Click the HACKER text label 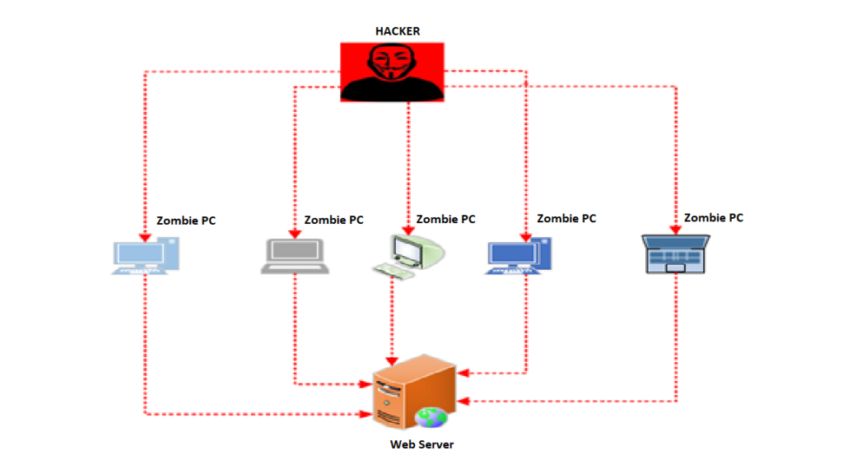tap(398, 31)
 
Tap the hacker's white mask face tap(392, 63)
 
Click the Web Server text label tap(421, 444)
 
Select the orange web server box tap(415, 392)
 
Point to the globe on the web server tap(431, 417)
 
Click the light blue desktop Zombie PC tap(146, 257)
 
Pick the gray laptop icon tap(296, 257)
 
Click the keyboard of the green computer tap(394, 270)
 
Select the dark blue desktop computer tap(519, 256)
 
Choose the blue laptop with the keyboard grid tap(676, 254)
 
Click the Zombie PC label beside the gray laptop tap(333, 220)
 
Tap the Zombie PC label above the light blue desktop tap(186, 221)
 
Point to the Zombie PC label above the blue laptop tap(714, 217)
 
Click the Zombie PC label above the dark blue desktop tap(566, 218)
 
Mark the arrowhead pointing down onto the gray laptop tap(295, 235)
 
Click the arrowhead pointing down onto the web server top tap(392, 361)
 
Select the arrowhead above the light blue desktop tap(145, 238)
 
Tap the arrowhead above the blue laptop tap(676, 230)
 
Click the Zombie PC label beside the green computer tap(445, 219)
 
